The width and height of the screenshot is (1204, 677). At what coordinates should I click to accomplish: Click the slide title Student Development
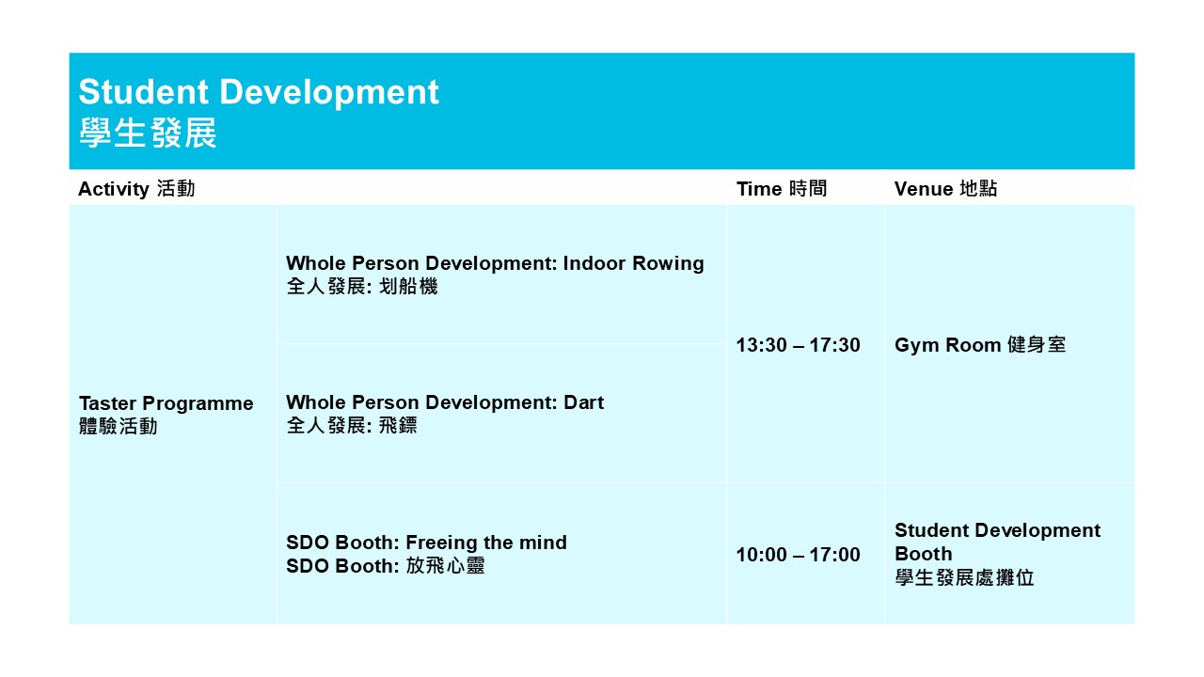[x=259, y=92]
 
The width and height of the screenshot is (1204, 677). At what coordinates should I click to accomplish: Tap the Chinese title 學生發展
[x=148, y=133]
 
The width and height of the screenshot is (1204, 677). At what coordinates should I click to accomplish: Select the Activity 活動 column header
[x=136, y=189]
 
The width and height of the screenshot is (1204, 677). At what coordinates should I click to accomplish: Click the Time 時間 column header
[x=781, y=189]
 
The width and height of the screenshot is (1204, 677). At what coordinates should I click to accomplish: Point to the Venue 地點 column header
[x=945, y=189]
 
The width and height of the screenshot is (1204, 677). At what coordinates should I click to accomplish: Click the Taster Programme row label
[x=166, y=403]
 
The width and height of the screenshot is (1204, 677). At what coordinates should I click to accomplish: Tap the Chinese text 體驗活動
[x=119, y=427]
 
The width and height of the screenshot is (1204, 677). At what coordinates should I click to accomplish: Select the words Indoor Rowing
[x=633, y=264]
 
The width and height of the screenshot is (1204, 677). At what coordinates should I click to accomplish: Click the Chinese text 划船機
[x=408, y=287]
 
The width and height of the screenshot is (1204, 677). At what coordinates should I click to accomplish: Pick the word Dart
[x=584, y=403]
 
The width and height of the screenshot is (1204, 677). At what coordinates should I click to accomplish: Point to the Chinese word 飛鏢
[x=398, y=426]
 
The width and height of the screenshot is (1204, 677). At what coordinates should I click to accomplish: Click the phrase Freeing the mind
[x=486, y=543]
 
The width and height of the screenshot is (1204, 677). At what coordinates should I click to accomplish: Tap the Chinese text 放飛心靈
[x=445, y=566]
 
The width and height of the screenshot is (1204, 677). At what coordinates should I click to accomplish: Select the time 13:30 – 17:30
[x=798, y=345]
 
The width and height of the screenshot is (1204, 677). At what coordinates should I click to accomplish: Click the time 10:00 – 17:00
[x=798, y=555]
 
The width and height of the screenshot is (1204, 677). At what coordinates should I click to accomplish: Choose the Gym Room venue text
[x=947, y=345]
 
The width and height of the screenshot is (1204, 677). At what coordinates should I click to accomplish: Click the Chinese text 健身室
[x=1037, y=345]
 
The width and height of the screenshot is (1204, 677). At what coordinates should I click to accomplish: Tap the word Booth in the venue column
[x=924, y=554]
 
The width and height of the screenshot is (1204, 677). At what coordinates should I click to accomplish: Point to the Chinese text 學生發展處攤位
[x=964, y=578]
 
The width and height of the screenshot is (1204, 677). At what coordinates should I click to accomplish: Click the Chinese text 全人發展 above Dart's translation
[x=325, y=426]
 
